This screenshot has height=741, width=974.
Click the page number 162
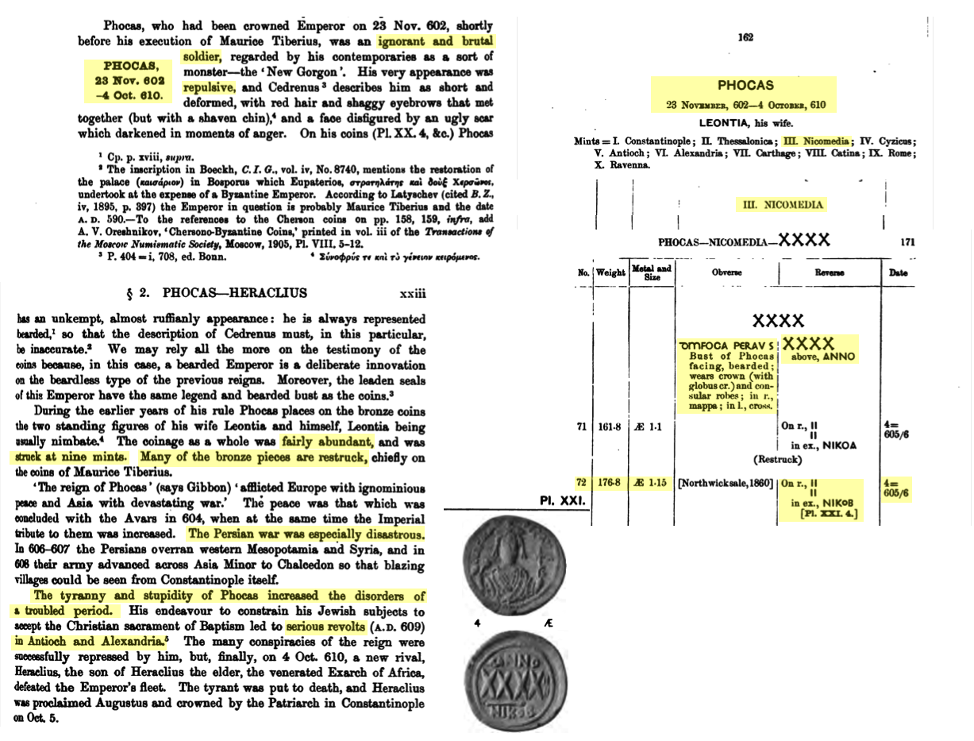pos(745,37)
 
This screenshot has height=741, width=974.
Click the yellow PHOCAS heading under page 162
pos(745,85)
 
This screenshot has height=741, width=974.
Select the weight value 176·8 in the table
pos(610,482)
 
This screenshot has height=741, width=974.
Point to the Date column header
pos(897,272)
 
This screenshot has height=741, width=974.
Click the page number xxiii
pos(414,294)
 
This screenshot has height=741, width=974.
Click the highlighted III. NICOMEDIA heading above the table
pos(782,205)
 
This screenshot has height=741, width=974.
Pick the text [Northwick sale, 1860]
pos(725,483)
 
